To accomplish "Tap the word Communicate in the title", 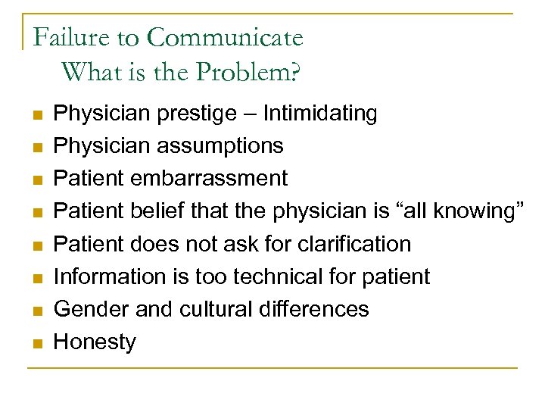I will [225, 36].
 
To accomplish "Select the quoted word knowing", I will [481, 211].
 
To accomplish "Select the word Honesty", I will [95, 342].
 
